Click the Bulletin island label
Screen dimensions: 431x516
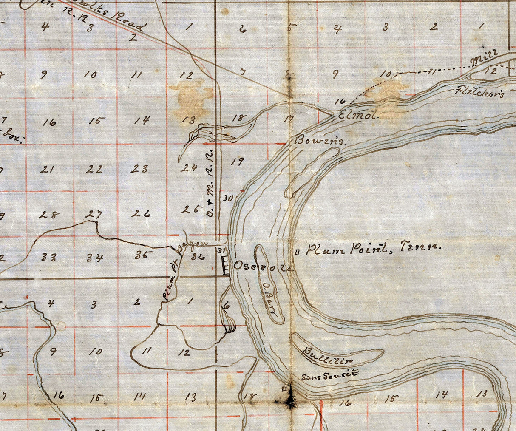[x=328, y=356]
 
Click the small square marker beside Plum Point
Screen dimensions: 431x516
[x=297, y=252]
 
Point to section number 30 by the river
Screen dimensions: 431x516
[x=228, y=198]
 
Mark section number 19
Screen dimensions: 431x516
[x=238, y=161]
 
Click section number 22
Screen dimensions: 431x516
[x=94, y=169]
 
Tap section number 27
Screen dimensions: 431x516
[x=93, y=214]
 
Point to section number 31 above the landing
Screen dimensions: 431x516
[x=221, y=250]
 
